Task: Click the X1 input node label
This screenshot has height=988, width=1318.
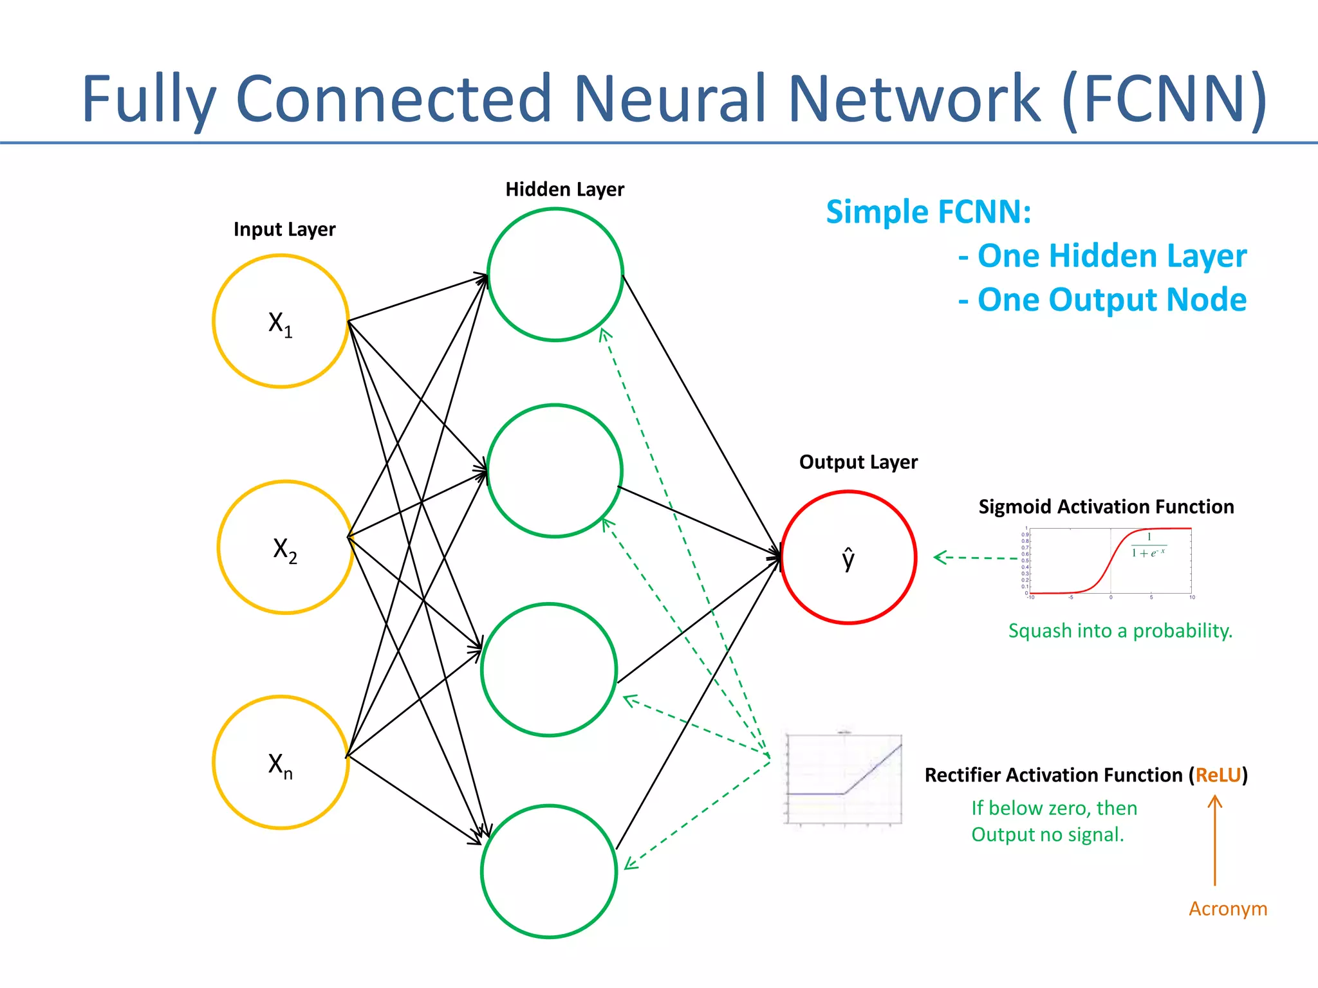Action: (280, 324)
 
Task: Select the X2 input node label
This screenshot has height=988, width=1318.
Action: (285, 550)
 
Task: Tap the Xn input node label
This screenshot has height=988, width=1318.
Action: (280, 765)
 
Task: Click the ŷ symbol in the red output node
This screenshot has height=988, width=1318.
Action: (848, 558)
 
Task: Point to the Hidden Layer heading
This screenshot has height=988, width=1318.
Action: (564, 189)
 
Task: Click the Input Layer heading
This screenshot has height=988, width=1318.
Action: (284, 229)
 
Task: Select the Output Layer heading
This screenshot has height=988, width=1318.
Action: (858, 462)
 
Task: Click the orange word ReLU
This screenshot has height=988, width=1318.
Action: (1218, 774)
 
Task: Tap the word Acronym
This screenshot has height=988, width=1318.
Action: (1227, 908)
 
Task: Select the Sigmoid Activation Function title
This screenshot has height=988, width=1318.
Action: (1106, 506)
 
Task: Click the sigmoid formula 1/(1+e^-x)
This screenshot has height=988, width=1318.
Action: (1148, 545)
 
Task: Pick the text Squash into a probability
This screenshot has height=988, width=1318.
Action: (1120, 630)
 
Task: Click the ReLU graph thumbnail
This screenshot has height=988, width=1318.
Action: (843, 779)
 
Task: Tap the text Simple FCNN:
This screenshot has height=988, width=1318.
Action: (928, 212)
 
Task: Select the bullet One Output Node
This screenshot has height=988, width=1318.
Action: (1102, 300)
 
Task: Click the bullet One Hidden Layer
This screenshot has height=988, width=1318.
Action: (1102, 255)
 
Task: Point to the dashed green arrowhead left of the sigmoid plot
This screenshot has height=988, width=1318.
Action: (941, 557)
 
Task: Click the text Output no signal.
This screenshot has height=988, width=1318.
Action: (1047, 834)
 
